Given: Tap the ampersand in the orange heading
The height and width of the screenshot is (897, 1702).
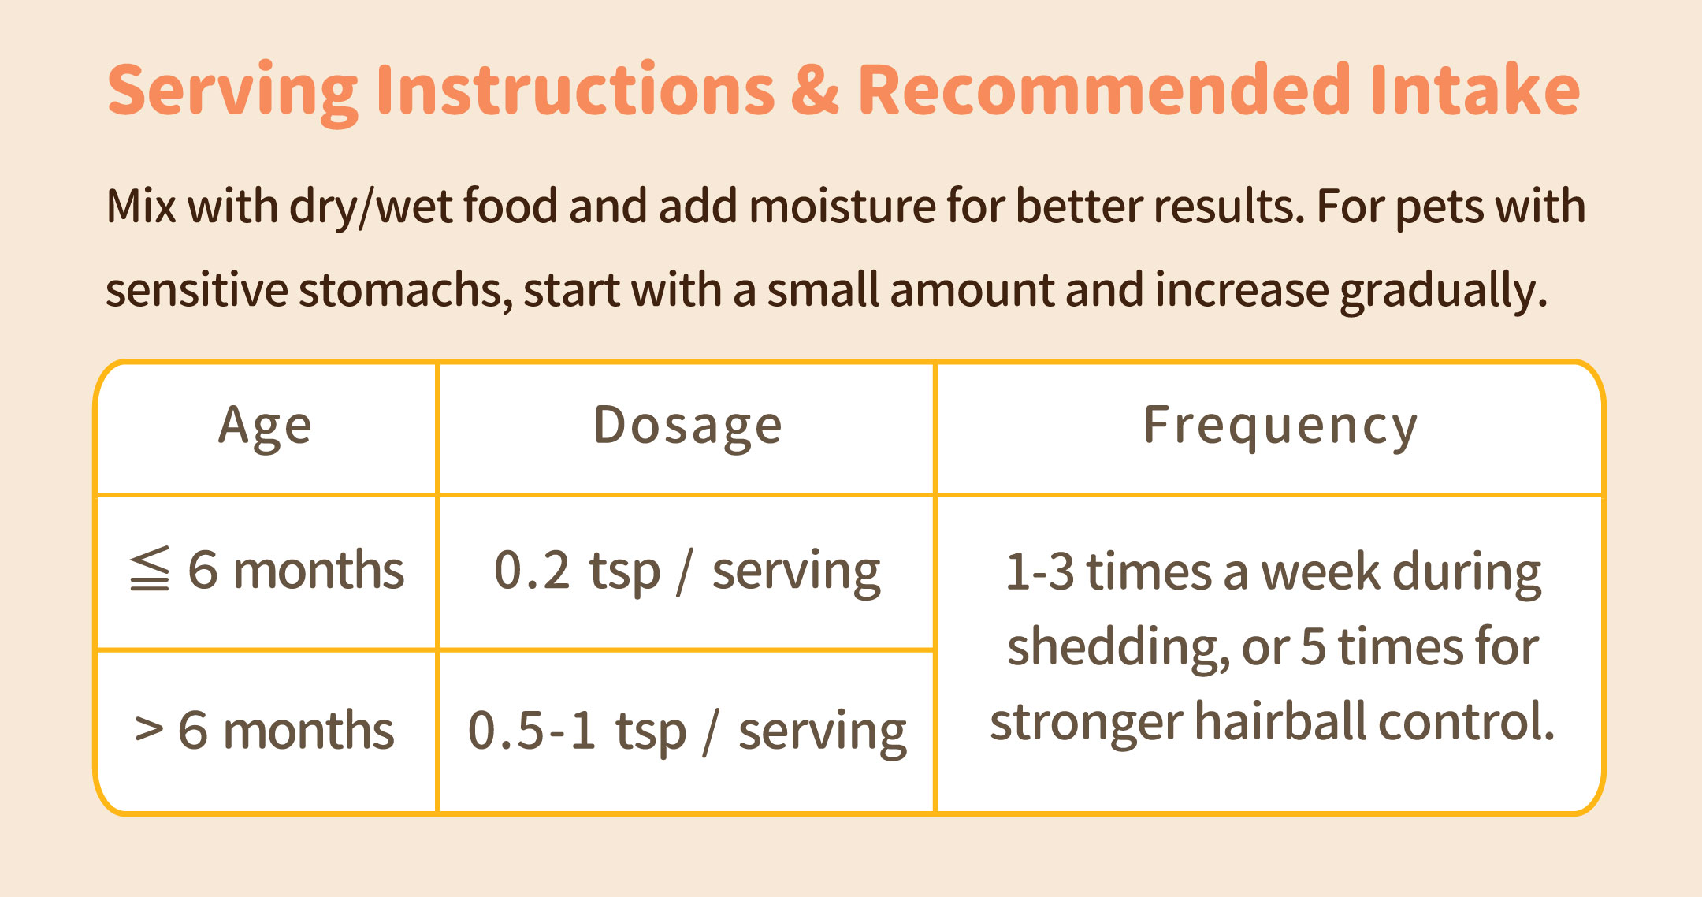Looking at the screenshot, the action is (x=815, y=89).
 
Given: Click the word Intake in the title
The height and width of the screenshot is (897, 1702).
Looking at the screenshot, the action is (x=1474, y=88).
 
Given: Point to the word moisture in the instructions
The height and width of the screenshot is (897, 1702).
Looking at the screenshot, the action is (x=842, y=206).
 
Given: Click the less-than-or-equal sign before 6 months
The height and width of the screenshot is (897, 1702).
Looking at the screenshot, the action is (x=150, y=568).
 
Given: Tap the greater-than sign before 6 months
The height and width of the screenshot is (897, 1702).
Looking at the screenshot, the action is (x=149, y=729).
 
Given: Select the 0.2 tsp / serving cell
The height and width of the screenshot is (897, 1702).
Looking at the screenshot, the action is (x=687, y=571).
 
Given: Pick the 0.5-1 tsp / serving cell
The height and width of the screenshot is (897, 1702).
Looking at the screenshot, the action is (x=687, y=731).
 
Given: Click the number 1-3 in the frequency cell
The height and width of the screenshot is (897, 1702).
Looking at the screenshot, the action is (x=1040, y=571).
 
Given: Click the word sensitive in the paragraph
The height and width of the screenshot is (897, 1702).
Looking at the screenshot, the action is (x=197, y=290).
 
